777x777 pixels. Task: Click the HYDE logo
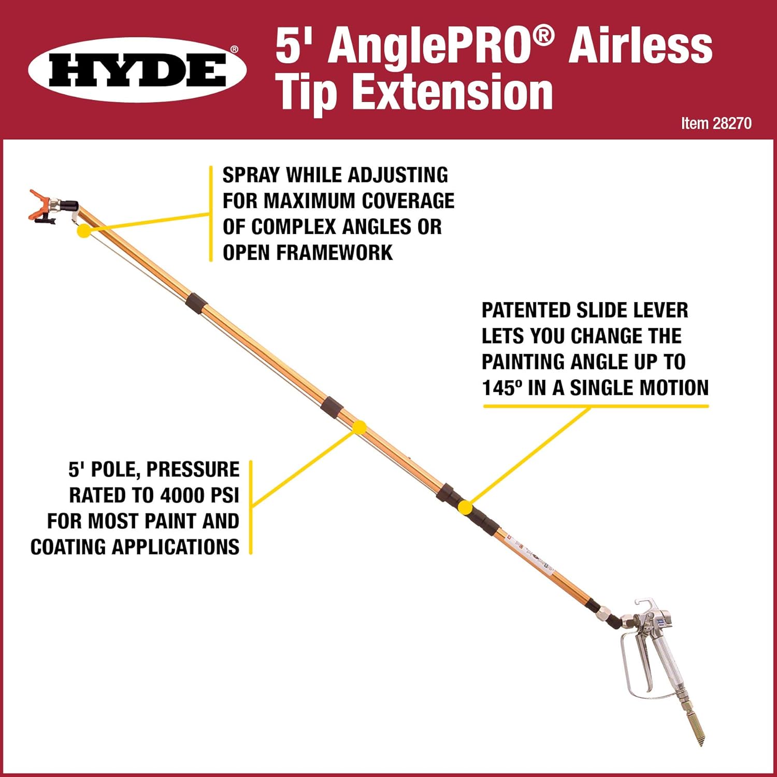tap(137, 70)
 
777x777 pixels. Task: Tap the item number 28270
tap(731, 123)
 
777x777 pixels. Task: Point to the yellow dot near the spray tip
tap(83, 231)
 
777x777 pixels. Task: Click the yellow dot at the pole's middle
tap(359, 427)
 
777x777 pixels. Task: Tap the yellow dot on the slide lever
tap(466, 508)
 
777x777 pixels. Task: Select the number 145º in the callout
tap(501, 388)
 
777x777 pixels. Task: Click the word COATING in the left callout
tap(68, 547)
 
